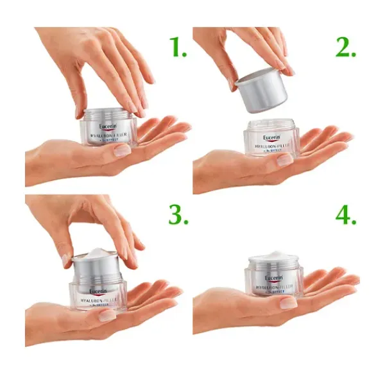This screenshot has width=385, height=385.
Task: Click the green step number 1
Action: pos(174,46)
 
